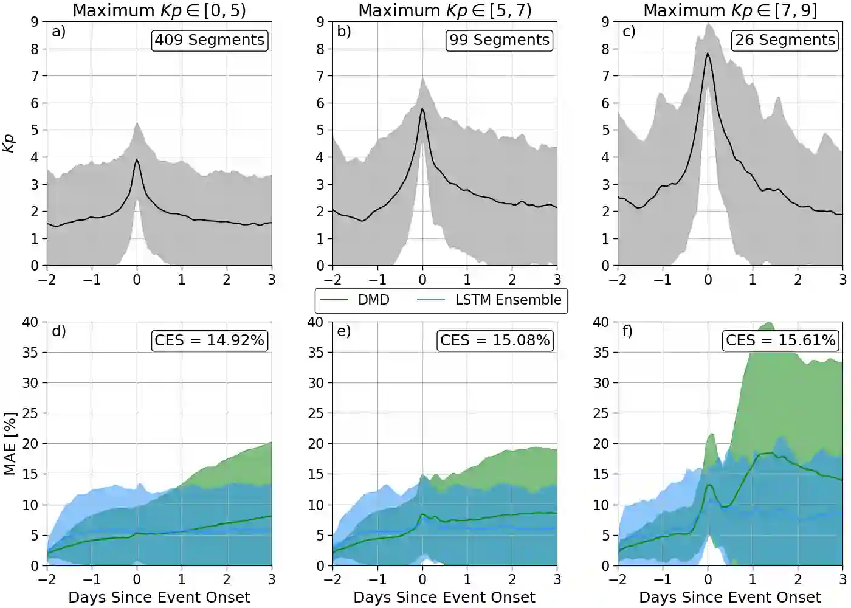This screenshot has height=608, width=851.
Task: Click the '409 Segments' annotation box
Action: point(209,40)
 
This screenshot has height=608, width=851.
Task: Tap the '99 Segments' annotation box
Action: point(499,40)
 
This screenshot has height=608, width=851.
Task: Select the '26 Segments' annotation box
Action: point(785,40)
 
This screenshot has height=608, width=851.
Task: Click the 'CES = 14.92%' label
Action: point(209,340)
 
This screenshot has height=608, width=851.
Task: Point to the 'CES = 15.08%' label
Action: point(495,340)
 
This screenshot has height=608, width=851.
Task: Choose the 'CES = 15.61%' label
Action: point(780,340)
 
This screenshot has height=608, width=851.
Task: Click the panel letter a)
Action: point(58,32)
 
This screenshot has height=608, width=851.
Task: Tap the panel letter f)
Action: point(628,331)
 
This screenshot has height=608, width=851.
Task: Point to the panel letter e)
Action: point(343,331)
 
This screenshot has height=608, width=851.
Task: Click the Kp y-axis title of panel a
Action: point(9,143)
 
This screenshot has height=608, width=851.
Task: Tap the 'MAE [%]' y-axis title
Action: point(10,444)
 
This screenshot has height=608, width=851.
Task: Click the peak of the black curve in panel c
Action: point(708,54)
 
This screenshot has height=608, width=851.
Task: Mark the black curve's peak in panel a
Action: point(137,160)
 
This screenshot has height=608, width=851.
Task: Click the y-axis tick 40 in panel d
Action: point(30,322)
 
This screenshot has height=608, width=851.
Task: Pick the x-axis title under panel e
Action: point(444,598)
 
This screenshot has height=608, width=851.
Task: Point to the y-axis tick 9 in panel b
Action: point(320,22)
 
